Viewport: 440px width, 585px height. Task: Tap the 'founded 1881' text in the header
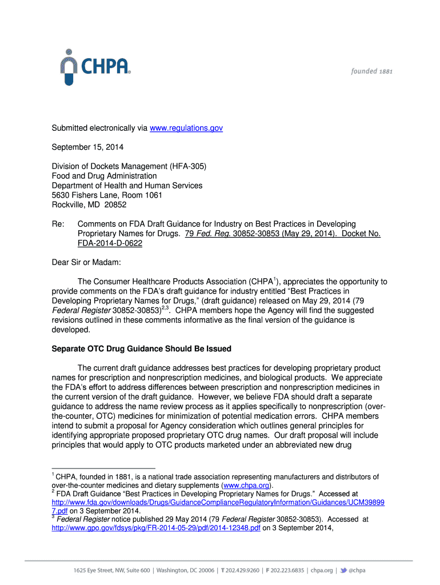(x=371, y=71)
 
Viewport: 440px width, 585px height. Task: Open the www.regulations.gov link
(x=186, y=128)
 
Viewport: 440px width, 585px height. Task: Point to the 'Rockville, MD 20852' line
(x=89, y=205)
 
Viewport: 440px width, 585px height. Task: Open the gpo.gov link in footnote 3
(x=156, y=528)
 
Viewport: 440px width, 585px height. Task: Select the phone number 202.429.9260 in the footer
(x=245, y=570)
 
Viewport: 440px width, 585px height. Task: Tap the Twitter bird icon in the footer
(x=343, y=570)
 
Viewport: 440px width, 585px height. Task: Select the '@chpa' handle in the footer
(x=357, y=570)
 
